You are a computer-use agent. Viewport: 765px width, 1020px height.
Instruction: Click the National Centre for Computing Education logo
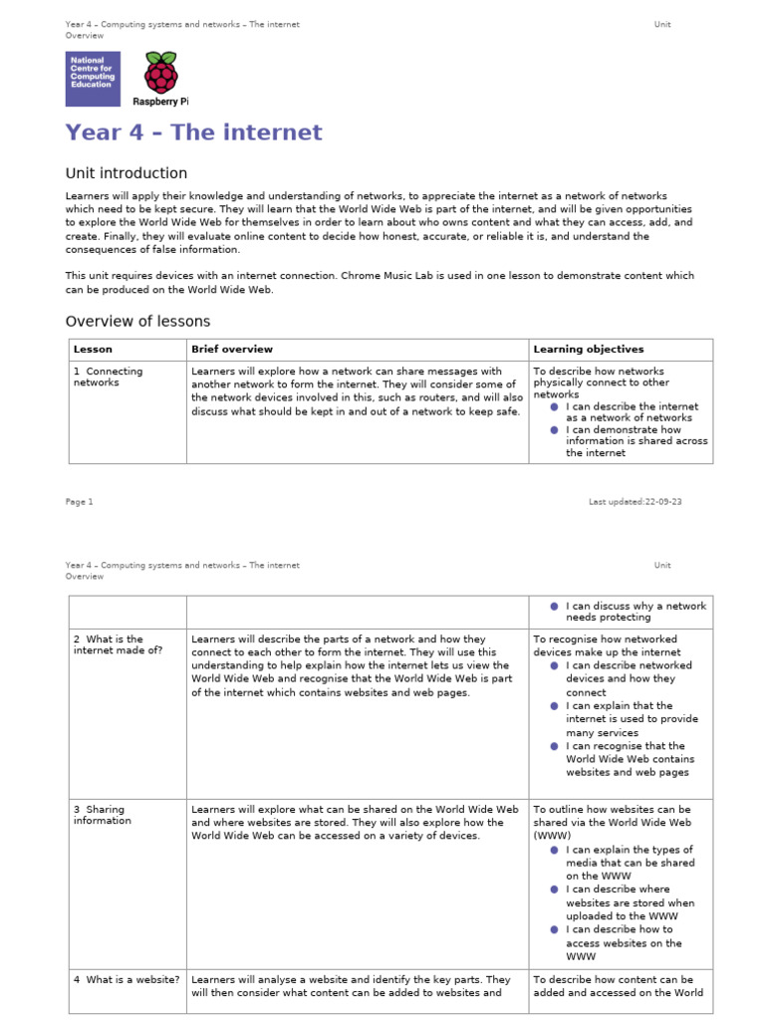click(93, 79)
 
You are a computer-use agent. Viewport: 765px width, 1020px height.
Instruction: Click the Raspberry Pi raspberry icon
click(160, 74)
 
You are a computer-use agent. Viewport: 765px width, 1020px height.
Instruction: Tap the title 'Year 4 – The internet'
click(193, 132)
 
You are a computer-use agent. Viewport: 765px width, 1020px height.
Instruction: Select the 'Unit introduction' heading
click(126, 173)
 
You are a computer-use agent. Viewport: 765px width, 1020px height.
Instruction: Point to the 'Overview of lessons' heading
click(137, 321)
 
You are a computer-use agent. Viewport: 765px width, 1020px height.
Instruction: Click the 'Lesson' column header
click(93, 350)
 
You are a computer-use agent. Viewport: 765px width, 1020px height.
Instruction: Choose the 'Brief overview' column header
click(231, 350)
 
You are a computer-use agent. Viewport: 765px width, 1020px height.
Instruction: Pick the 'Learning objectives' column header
click(588, 350)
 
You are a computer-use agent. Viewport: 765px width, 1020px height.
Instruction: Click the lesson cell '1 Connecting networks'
click(108, 377)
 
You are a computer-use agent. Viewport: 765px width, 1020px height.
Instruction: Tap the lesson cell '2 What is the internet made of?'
click(118, 644)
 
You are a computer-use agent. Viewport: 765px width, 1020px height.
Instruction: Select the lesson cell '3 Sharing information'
click(102, 815)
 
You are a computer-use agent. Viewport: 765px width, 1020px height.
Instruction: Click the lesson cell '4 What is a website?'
click(127, 980)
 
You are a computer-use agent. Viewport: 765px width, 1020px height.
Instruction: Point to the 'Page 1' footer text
click(79, 502)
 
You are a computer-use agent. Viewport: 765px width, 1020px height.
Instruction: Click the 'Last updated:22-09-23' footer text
click(635, 502)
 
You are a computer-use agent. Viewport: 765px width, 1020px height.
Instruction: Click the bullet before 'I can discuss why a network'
click(555, 606)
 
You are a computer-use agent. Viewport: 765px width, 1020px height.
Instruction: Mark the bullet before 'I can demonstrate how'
click(555, 430)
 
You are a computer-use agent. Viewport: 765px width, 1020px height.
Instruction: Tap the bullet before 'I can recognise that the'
click(555, 746)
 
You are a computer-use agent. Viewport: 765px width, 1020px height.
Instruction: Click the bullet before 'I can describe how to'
click(555, 929)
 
